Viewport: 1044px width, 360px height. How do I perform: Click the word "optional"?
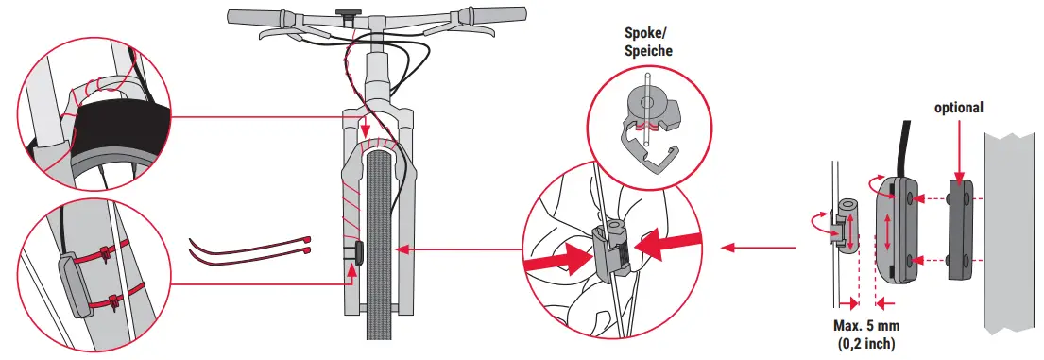click(959, 109)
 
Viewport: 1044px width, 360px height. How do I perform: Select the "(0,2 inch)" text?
click(865, 343)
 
